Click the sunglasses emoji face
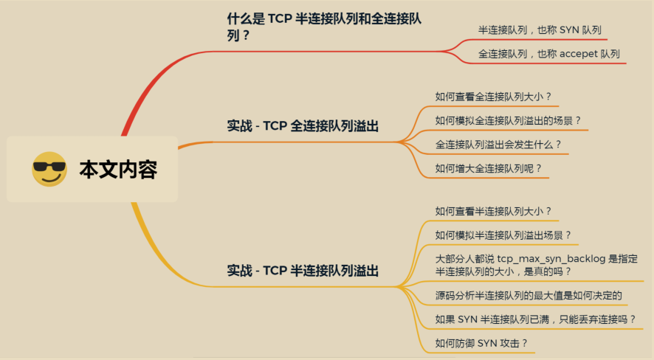pos(49,169)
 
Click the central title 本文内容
pos(118,170)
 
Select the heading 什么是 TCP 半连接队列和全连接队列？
pos(324,27)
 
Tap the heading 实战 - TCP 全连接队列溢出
pos(303,126)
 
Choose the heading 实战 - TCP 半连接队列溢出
pos(303,271)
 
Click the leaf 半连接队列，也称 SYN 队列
pos(540,30)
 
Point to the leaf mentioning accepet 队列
pos(549,54)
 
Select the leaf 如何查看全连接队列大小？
pos(493,97)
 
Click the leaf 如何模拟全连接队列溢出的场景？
pos(508,121)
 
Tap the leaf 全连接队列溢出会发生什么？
pos(498,145)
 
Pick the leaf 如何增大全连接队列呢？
pos(488,168)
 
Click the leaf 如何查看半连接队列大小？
pos(493,211)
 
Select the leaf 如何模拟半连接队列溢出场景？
pos(503,235)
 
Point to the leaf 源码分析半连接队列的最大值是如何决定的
pos(529,296)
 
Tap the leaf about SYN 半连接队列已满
pos(535,319)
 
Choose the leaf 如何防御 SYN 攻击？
pos(481,343)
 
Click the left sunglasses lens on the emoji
pos(42,167)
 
